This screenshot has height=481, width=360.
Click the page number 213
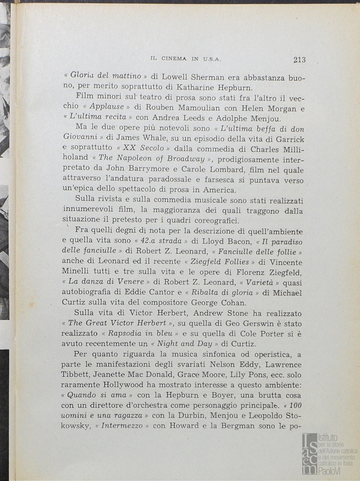point(299,60)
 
